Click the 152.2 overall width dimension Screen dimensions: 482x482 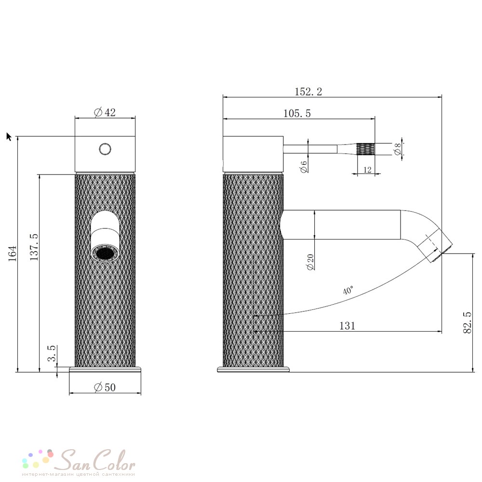308,92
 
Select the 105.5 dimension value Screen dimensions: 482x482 297,113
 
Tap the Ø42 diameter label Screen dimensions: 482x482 105,112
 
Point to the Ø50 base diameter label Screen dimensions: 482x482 105,388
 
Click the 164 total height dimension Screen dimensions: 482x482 13,254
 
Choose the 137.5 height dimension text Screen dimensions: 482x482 34,247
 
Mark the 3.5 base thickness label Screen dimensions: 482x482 52,353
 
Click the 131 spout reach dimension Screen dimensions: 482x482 347,325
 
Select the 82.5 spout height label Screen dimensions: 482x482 467,322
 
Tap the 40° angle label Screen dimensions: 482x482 348,290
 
